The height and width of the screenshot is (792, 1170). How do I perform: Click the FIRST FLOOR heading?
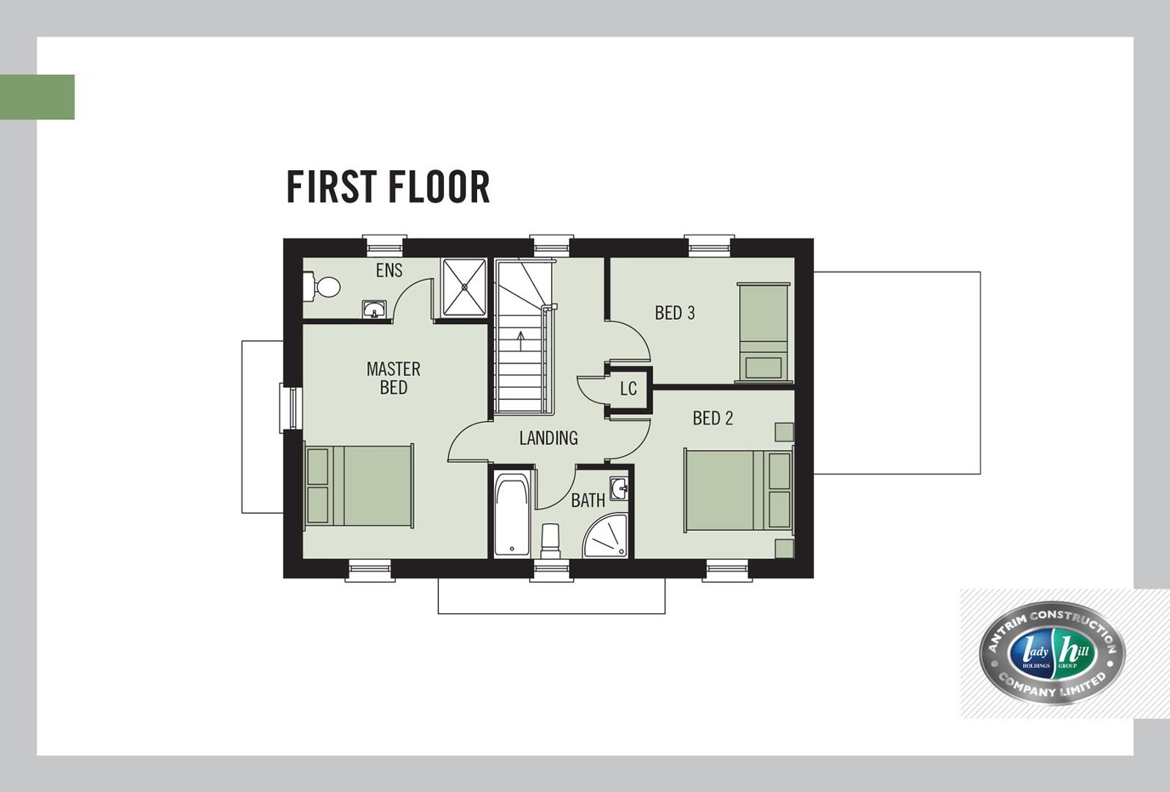(x=388, y=186)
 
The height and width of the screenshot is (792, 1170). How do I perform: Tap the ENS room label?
(x=389, y=271)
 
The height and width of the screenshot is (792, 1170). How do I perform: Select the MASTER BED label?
(x=393, y=378)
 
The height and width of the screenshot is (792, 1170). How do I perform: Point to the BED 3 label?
(x=675, y=312)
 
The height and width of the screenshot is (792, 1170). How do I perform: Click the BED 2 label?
(x=713, y=418)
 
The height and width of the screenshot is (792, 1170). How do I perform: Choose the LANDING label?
(x=548, y=438)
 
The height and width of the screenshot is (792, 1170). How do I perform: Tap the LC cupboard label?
(x=628, y=388)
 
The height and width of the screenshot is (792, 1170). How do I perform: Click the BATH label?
(x=588, y=500)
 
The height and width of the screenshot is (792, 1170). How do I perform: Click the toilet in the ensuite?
(x=321, y=287)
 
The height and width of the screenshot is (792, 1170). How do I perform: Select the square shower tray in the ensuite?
(x=465, y=287)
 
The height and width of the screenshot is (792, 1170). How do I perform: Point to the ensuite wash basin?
(x=374, y=309)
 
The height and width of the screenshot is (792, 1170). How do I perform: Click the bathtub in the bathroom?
(x=512, y=514)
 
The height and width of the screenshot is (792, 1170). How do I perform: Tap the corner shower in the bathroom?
(x=606, y=536)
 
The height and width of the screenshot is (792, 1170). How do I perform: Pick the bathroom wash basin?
(x=619, y=488)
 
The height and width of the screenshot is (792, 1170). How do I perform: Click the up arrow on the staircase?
(x=520, y=341)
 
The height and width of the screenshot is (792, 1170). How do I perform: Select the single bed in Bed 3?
(x=763, y=333)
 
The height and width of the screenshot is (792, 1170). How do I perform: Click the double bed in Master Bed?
(x=359, y=485)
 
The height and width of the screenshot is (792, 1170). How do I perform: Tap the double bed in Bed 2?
(x=738, y=491)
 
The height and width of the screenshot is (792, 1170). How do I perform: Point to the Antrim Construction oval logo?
(x=1052, y=653)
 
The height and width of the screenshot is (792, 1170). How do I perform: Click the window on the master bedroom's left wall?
(x=291, y=408)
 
